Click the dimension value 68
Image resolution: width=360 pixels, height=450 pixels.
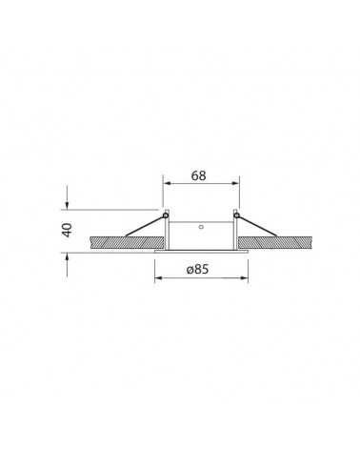(x=198, y=175)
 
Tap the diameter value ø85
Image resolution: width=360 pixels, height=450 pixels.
(x=198, y=270)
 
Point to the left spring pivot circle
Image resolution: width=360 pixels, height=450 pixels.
(x=166, y=217)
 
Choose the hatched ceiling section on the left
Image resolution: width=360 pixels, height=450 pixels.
(x=114, y=245)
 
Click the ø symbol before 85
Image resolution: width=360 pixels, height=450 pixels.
(x=189, y=270)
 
